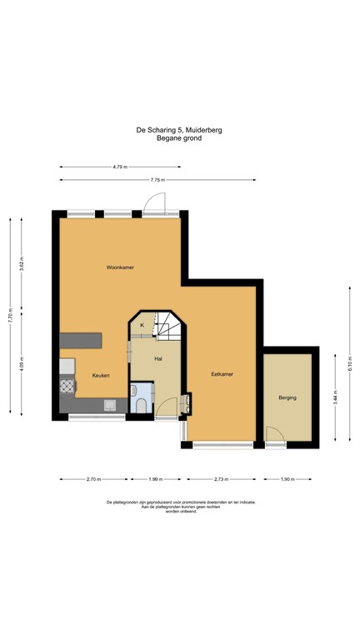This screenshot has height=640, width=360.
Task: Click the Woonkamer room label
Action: point(120,267)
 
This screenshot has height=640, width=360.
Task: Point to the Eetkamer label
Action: point(222,374)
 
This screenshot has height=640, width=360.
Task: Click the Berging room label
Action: point(287,397)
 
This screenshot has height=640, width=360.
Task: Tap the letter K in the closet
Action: point(142,324)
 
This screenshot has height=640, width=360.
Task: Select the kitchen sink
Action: point(109,406)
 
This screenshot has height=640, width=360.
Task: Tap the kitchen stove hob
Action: point(66,386)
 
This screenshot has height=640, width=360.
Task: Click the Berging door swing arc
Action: point(273,433)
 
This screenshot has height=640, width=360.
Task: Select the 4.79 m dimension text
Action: point(120,167)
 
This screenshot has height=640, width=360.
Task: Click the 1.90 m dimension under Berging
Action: point(287,479)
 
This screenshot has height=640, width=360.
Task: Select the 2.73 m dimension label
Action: point(221,479)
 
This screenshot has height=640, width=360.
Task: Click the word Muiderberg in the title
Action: point(202,130)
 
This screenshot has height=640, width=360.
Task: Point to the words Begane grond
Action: point(179,138)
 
